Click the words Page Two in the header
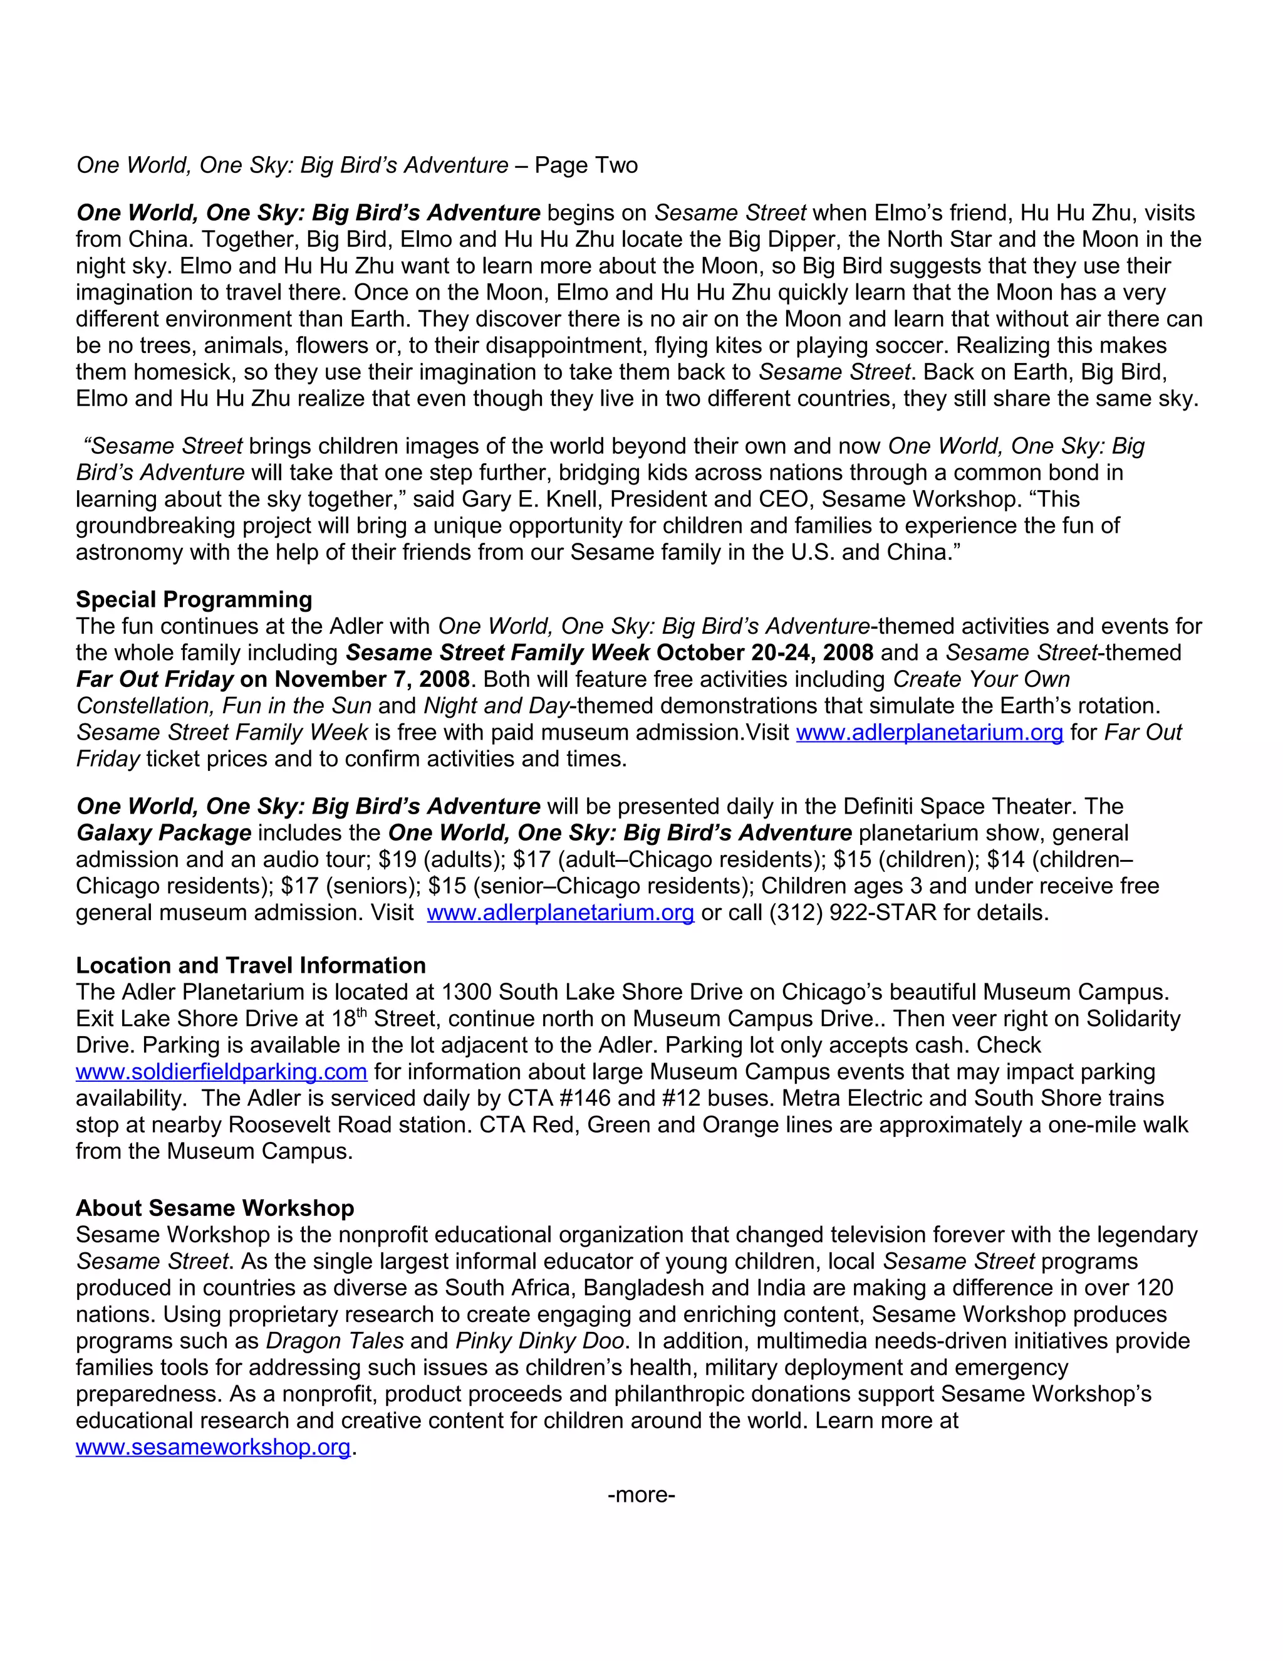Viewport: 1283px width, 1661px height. point(585,165)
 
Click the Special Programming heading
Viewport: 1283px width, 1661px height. point(194,599)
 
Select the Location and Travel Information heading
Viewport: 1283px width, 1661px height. point(250,965)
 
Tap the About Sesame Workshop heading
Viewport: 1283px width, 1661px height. point(214,1208)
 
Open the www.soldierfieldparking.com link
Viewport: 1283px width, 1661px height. point(221,1072)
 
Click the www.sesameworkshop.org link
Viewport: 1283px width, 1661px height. point(213,1447)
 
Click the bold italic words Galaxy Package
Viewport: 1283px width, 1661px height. point(164,833)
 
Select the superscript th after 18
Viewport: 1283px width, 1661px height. point(362,1013)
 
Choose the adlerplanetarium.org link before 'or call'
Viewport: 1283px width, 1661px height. point(560,912)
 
